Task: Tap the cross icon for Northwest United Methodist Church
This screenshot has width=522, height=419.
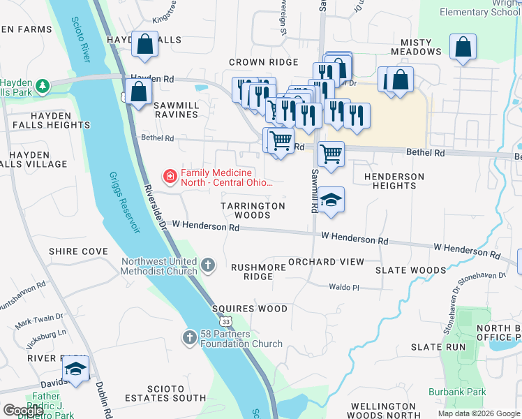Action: click(x=208, y=265)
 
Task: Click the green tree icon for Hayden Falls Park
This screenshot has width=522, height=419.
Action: click(x=43, y=86)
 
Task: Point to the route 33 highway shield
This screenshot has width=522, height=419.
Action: click(x=225, y=321)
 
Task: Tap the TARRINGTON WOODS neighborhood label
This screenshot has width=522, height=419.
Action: click(x=253, y=210)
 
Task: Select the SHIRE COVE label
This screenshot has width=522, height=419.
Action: click(x=78, y=251)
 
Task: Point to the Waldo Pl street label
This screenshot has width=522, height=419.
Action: click(x=344, y=286)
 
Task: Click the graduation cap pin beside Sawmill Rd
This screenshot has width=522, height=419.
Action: click(x=332, y=199)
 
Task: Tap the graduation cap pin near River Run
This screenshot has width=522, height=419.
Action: click(x=75, y=369)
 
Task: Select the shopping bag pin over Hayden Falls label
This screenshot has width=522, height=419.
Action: click(x=144, y=44)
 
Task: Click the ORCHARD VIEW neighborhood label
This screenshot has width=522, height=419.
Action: click(x=326, y=262)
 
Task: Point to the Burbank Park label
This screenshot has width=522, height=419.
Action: click(x=457, y=392)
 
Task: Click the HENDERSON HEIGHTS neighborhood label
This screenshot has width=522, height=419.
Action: click(x=394, y=181)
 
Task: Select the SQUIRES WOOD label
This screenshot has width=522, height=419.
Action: click(x=250, y=309)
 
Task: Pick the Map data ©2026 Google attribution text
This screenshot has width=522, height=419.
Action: click(x=479, y=413)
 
